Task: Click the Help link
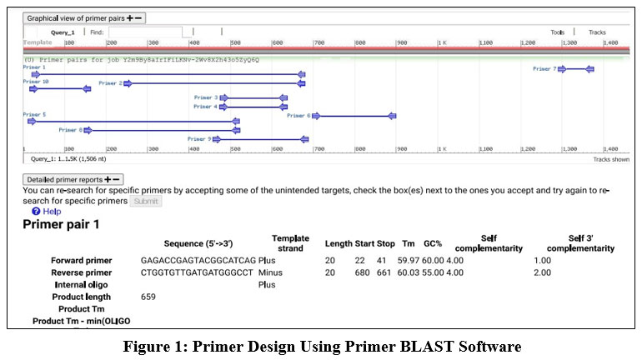tap(51, 212)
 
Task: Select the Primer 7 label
tap(544, 69)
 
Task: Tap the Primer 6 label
tap(298, 116)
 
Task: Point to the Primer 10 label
tap(36, 82)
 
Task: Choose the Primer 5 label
tap(35, 114)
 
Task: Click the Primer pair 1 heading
tap(61, 224)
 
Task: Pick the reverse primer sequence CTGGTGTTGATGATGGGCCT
tap(197, 272)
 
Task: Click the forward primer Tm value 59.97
tap(409, 261)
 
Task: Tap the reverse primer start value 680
tap(363, 272)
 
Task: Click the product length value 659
tap(148, 297)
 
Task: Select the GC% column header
tap(432, 243)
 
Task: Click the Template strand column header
tap(290, 243)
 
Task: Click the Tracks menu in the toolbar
tap(597, 32)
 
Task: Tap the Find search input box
tap(133, 32)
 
